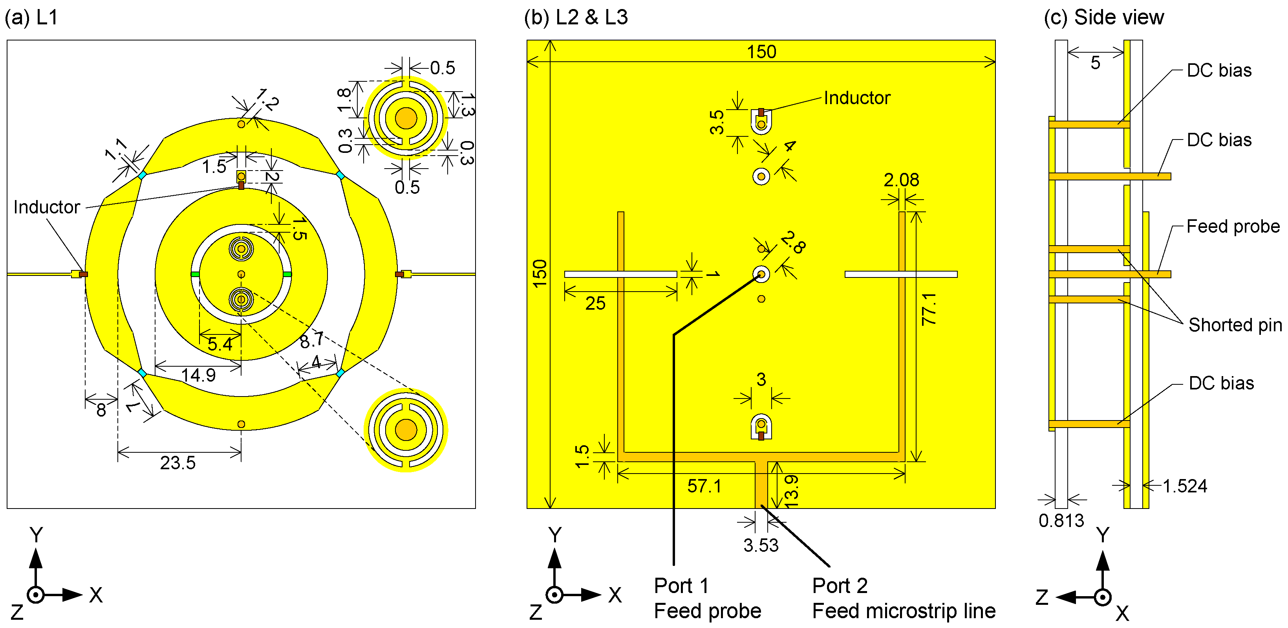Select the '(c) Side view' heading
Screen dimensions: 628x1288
click(x=1103, y=18)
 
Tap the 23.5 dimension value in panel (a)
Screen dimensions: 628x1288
click(x=177, y=463)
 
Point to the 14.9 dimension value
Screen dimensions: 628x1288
click(x=198, y=375)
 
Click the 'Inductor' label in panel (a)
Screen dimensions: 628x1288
click(x=46, y=207)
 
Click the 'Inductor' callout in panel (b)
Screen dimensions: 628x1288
click(x=857, y=98)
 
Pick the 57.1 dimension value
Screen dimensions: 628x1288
click(x=704, y=486)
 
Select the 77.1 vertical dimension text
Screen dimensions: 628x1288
click(x=929, y=309)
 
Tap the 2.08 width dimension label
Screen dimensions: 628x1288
click(x=901, y=180)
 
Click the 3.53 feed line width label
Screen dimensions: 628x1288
click(x=761, y=545)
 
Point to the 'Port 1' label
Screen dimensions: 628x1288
click(x=681, y=586)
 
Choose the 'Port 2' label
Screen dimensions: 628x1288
click(x=840, y=586)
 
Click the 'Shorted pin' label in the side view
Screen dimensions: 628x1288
click(x=1235, y=325)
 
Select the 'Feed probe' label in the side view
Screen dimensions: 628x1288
click(x=1233, y=227)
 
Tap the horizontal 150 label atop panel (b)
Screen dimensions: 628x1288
click(x=761, y=52)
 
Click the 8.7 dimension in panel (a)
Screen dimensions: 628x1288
click(x=311, y=341)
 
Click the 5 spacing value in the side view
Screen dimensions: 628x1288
click(x=1095, y=63)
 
